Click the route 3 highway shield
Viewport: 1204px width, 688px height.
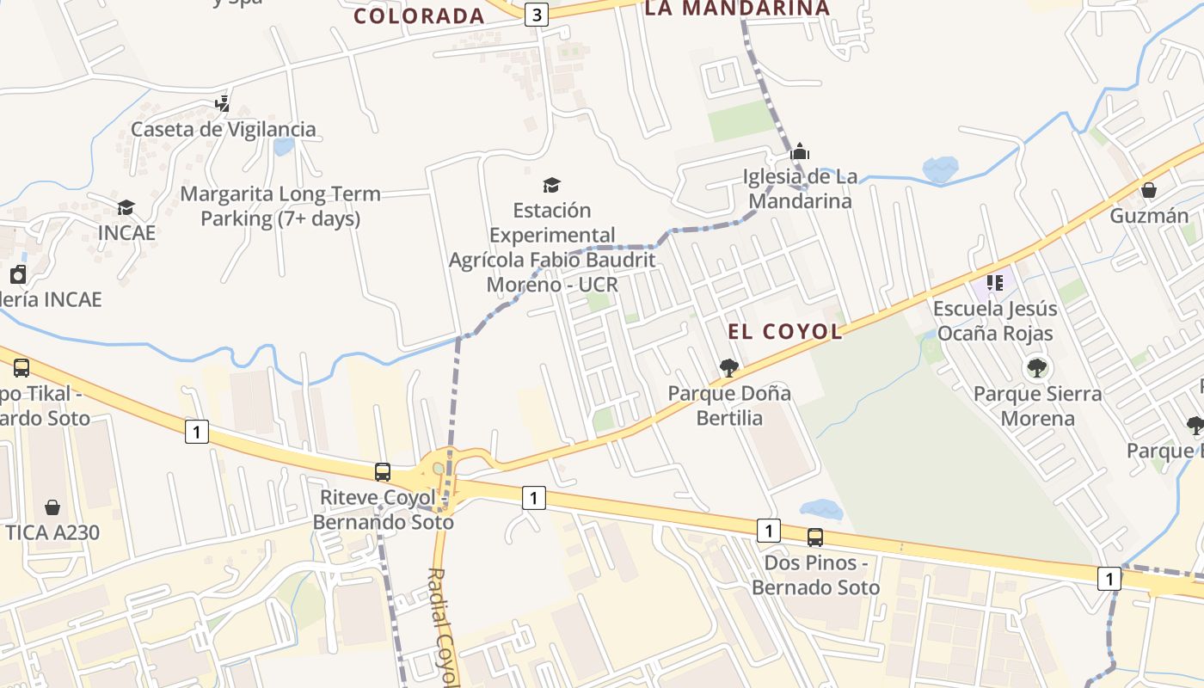[537, 15]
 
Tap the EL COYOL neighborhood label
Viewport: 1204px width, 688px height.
[785, 332]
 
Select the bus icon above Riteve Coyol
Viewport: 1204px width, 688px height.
[383, 471]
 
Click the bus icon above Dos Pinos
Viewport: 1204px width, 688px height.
[814, 537]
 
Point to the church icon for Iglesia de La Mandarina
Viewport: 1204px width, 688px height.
[800, 151]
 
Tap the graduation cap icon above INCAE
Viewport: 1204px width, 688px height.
[126, 207]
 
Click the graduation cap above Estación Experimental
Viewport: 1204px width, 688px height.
[551, 185]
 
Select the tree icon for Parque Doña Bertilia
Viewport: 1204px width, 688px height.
[728, 368]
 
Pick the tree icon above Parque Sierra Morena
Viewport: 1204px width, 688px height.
[1037, 368]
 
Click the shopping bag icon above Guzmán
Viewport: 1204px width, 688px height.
[1149, 190]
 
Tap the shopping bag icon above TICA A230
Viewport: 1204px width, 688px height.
[52, 507]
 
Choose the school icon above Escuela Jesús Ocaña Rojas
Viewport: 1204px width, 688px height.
[995, 282]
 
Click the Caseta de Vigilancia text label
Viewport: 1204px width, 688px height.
[224, 130]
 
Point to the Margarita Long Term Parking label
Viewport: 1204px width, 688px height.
[280, 206]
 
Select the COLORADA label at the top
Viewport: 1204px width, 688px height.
[420, 15]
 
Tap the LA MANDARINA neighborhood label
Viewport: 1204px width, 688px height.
[737, 9]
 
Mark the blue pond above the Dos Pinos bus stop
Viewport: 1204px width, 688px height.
[820, 510]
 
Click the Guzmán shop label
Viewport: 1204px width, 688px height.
[1149, 216]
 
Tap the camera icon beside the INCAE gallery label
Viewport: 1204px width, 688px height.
[17, 274]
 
